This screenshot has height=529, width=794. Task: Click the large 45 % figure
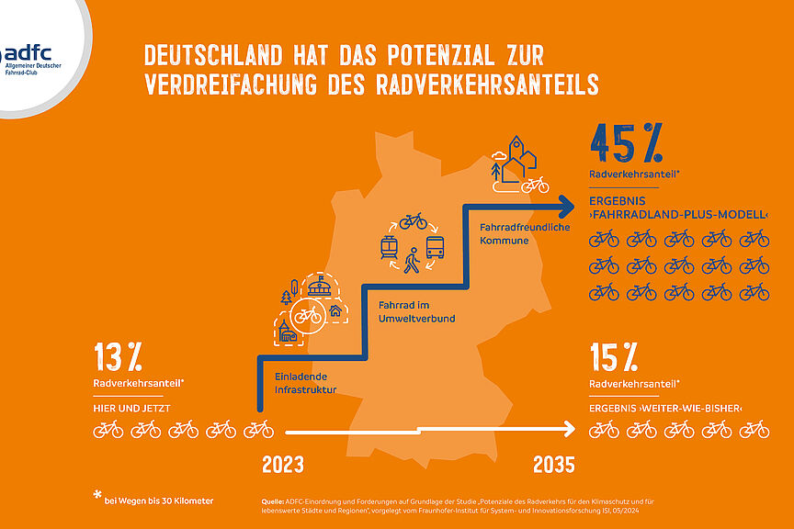click(627, 143)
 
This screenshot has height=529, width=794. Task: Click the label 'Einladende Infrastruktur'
click(305, 383)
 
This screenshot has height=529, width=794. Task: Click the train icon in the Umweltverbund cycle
click(389, 246)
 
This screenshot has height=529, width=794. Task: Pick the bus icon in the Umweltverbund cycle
click(436, 246)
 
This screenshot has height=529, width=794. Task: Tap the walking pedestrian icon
click(413, 262)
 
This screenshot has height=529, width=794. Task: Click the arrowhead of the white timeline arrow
click(569, 429)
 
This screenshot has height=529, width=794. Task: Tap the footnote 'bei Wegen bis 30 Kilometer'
click(158, 501)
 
